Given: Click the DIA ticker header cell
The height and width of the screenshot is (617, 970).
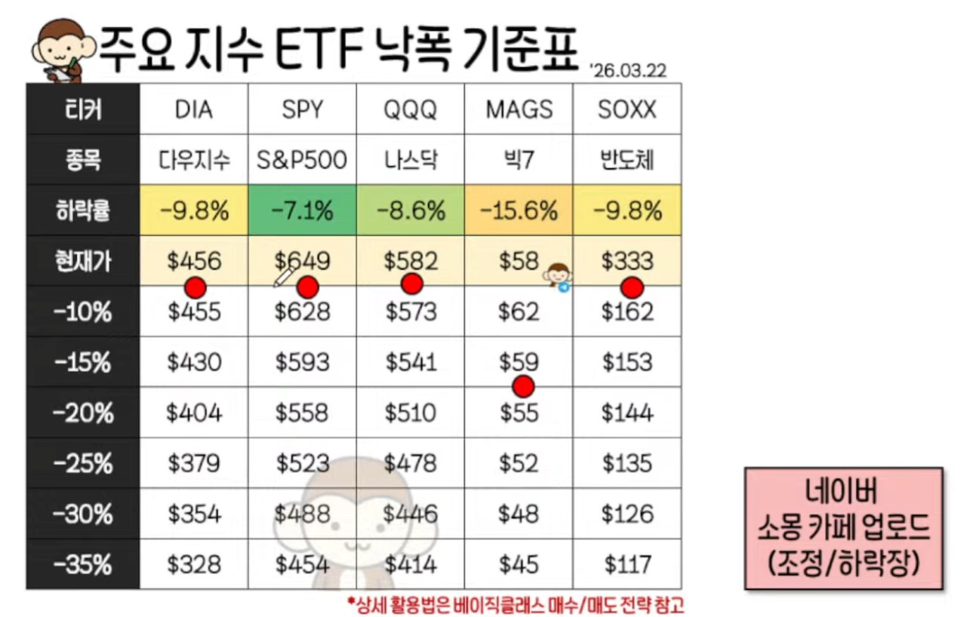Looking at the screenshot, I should (194, 109).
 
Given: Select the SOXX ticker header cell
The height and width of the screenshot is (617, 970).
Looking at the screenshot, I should (627, 109).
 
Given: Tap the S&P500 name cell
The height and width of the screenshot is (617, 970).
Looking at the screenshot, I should (303, 160).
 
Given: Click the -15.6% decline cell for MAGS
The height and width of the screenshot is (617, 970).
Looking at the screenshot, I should (519, 211).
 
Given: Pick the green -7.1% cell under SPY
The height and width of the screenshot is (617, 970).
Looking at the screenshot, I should (303, 211).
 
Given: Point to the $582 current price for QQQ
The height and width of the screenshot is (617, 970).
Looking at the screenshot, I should (411, 261).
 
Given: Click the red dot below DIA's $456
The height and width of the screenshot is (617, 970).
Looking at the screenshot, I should (196, 287).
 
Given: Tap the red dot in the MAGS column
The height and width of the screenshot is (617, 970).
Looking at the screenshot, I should (522, 386).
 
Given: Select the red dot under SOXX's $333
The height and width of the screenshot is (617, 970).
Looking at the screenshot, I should (632, 287).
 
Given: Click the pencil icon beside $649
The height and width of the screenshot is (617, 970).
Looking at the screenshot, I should (284, 277).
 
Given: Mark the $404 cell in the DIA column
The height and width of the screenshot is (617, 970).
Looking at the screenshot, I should (194, 413).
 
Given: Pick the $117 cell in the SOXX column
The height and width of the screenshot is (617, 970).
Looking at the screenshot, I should (627, 564).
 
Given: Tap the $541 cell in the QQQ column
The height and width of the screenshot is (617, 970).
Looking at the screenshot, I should (411, 362).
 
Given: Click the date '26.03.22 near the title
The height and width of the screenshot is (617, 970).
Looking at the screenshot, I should (629, 70).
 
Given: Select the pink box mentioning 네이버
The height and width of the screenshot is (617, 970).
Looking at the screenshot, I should (843, 527).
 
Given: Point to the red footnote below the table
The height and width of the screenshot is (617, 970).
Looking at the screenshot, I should (515, 604).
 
